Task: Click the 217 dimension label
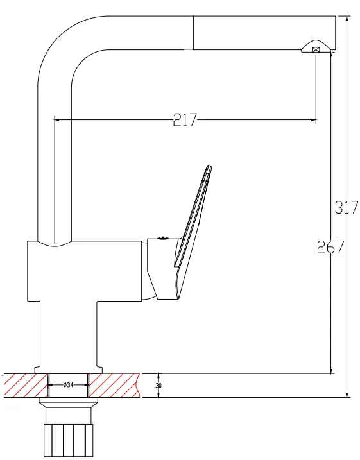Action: pos(185,120)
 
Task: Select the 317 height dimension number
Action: pos(347,207)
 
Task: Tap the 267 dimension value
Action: pos(330,247)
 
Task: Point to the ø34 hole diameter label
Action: pos(68,384)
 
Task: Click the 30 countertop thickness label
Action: pos(159,386)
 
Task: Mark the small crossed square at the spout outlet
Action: pos(316,49)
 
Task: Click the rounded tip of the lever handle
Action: pos(209,169)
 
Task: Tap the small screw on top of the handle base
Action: pos(162,238)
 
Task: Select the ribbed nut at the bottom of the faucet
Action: pos(69,440)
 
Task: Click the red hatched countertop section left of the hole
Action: pos(25,386)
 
